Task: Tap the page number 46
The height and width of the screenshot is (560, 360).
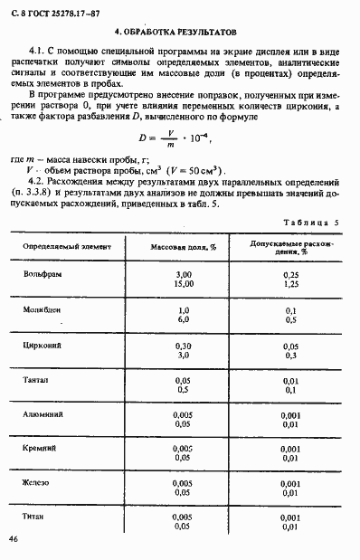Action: coord(14,538)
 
